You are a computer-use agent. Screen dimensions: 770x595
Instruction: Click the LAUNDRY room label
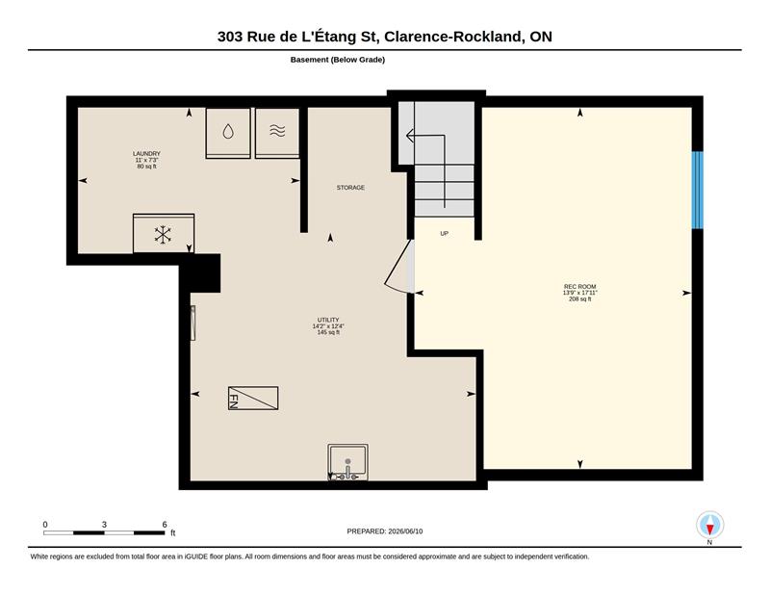[146, 154]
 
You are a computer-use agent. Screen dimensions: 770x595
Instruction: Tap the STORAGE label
[350, 188]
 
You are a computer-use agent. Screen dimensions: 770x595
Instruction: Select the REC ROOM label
[580, 287]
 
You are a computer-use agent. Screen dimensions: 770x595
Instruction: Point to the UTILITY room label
[328, 320]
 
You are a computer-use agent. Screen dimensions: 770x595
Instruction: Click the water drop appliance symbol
[228, 131]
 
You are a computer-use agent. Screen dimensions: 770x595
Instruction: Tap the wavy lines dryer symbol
[277, 131]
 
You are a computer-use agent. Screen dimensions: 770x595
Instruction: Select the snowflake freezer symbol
[163, 234]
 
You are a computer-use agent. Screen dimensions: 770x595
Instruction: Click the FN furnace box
[253, 398]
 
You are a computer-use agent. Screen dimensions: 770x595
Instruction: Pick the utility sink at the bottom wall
[347, 462]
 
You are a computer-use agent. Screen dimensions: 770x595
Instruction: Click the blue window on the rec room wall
[697, 190]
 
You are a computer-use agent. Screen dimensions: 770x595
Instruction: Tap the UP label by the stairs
[444, 234]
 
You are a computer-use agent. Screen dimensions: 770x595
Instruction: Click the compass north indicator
[709, 526]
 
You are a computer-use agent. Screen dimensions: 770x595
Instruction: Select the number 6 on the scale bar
[165, 525]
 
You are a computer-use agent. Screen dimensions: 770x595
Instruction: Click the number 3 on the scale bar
[104, 525]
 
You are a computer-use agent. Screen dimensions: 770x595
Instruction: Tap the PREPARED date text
[384, 531]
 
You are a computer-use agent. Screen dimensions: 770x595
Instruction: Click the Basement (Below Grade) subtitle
[338, 60]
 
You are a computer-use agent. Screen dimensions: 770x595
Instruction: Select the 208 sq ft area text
[580, 298]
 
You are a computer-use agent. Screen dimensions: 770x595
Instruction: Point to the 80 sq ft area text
[146, 166]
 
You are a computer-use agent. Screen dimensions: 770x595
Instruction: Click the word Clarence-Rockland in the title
[452, 37]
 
